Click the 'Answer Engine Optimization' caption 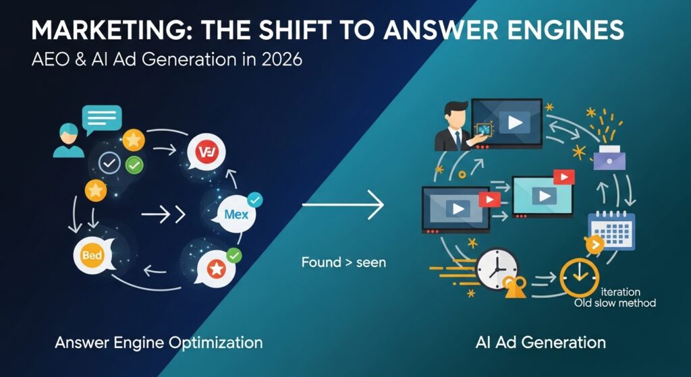tap(159, 343)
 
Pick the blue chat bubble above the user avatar tap(101, 117)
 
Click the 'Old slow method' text tap(615, 303)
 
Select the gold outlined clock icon tap(579, 277)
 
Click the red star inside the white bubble tap(216, 270)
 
